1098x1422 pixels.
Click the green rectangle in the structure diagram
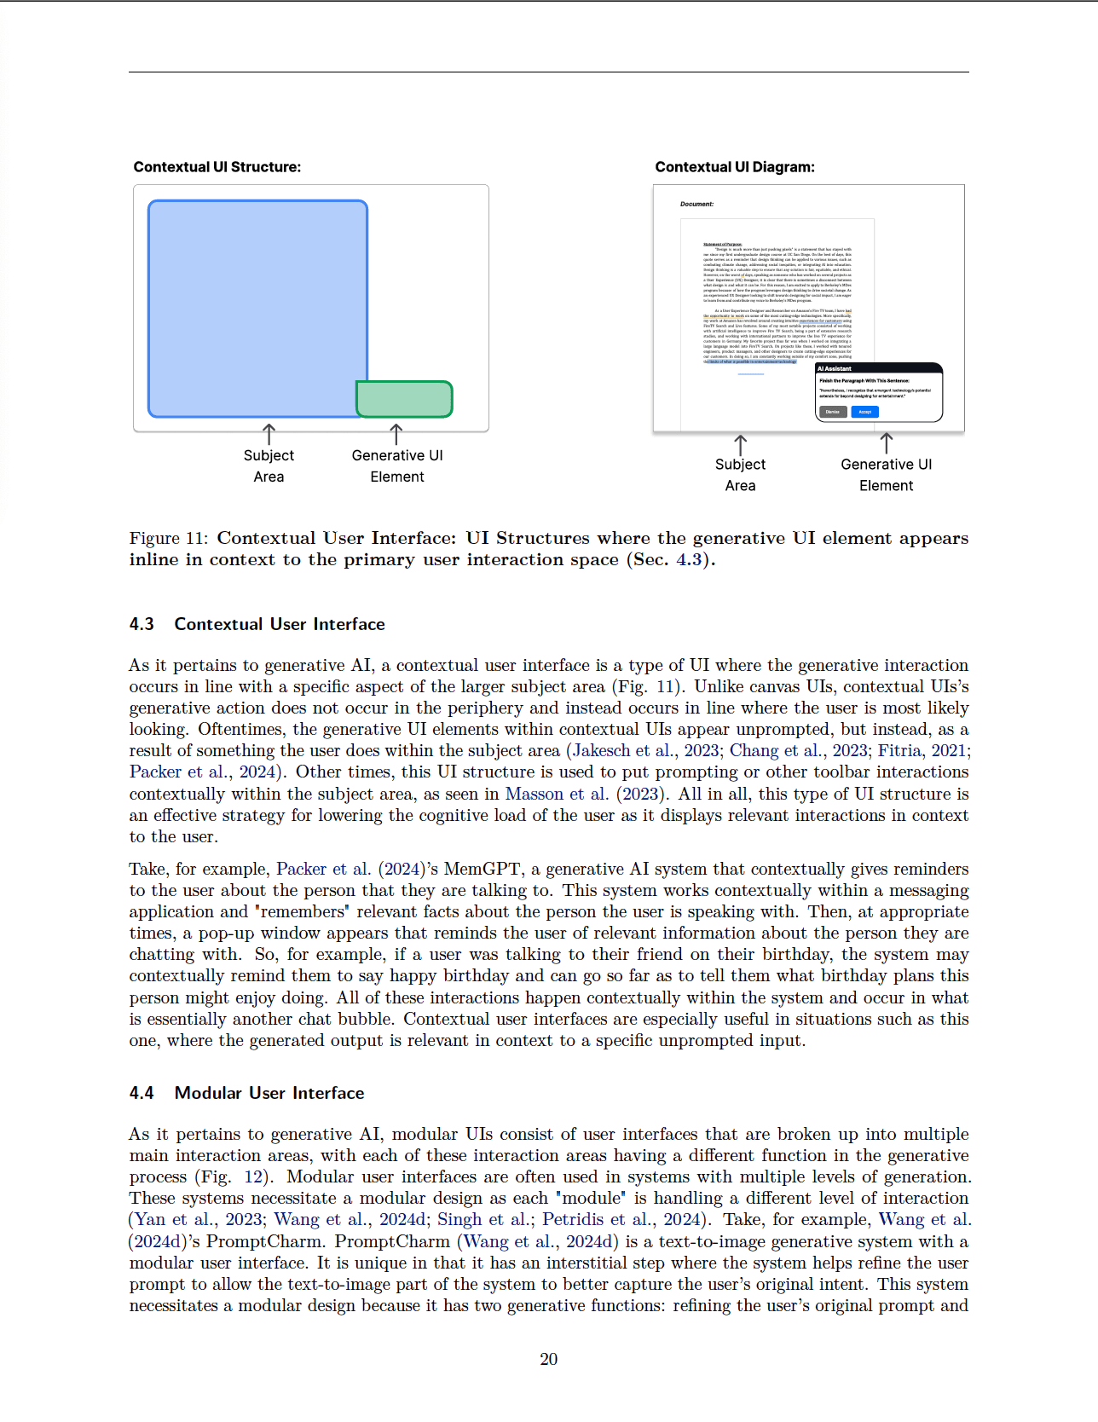[x=404, y=399]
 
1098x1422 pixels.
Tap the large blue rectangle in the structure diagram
[x=257, y=307]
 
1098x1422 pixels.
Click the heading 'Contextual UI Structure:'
[x=217, y=167]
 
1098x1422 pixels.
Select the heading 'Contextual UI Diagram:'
[x=735, y=167]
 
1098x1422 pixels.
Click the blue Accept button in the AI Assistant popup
[x=864, y=412]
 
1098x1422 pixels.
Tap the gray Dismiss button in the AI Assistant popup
[x=832, y=412]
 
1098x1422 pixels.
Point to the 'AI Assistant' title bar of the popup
[x=878, y=368]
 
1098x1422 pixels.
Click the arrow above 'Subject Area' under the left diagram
[x=269, y=433]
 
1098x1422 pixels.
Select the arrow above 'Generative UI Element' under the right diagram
[x=887, y=442]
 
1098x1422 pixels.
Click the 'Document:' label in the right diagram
[x=696, y=205]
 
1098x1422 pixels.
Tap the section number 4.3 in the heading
[x=142, y=624]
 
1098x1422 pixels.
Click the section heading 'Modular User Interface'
[x=269, y=1093]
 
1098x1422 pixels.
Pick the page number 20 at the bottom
[x=549, y=1359]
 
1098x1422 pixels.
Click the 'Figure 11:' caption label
[x=169, y=538]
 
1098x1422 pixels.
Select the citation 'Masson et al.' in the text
[x=557, y=794]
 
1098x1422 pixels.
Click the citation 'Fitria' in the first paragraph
[x=899, y=750]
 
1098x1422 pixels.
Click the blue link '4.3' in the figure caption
[x=689, y=559]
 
